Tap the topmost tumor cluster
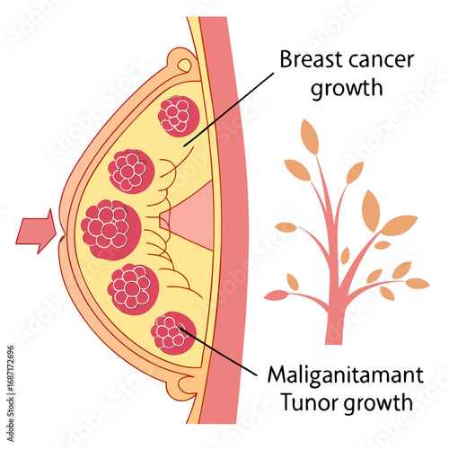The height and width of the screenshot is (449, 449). point(177,116)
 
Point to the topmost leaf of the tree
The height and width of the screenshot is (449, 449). point(310,136)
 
